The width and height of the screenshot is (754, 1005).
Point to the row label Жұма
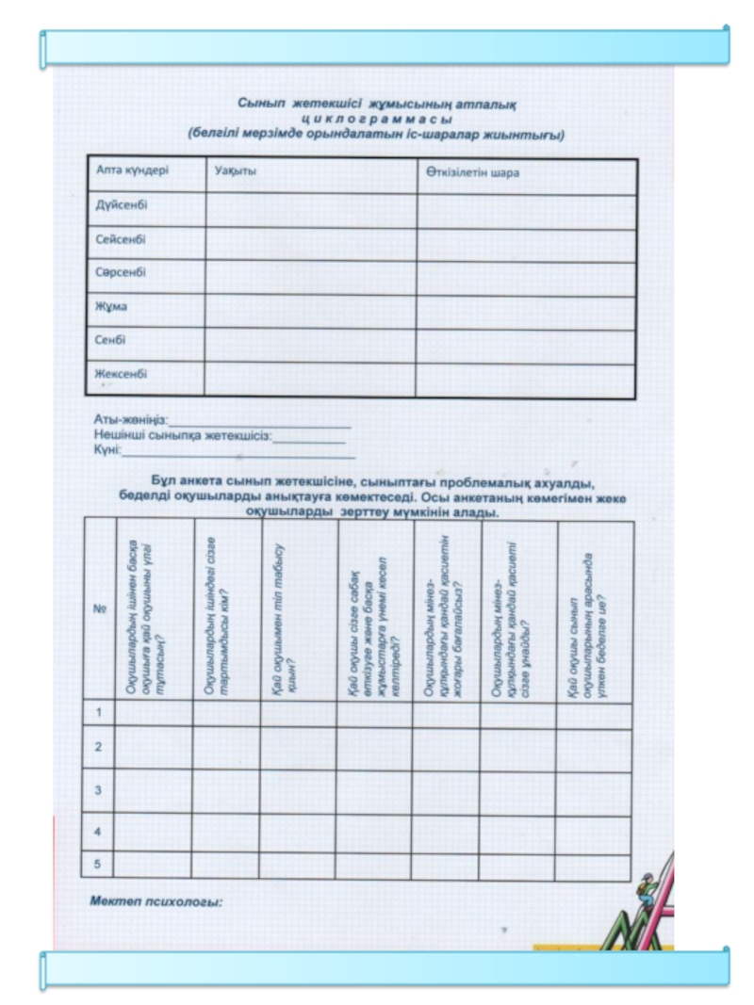110,306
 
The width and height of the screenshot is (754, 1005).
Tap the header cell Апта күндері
133,171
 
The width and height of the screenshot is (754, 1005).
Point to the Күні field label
107,451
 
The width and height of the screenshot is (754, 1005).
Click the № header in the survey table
98,608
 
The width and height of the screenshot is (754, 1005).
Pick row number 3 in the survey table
98,789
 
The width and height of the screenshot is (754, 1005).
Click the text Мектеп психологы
156,902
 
